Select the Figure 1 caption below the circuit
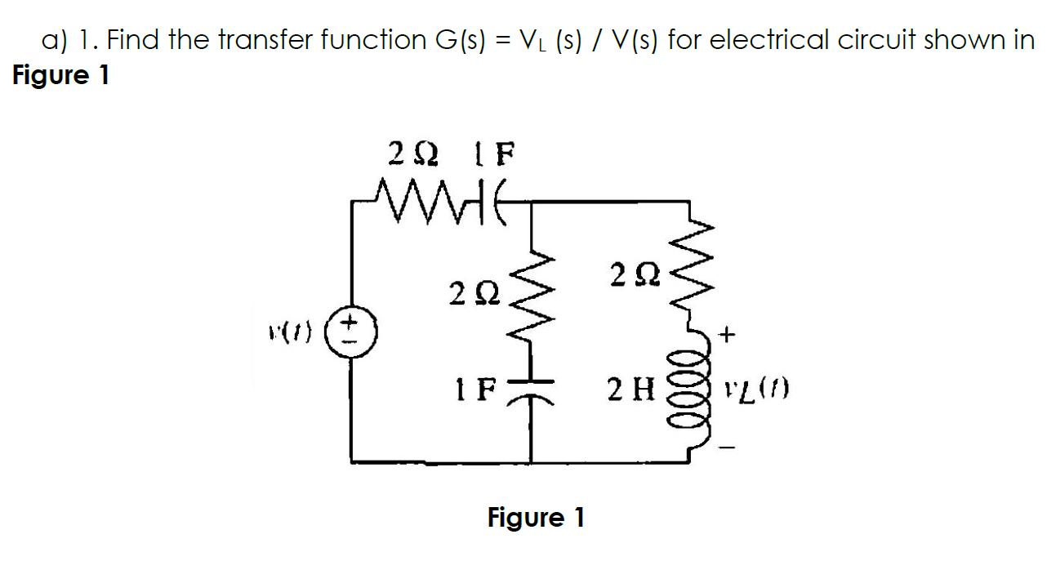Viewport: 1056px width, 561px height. pyautogui.click(x=536, y=518)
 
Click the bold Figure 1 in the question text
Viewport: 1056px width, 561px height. pyautogui.click(x=61, y=75)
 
